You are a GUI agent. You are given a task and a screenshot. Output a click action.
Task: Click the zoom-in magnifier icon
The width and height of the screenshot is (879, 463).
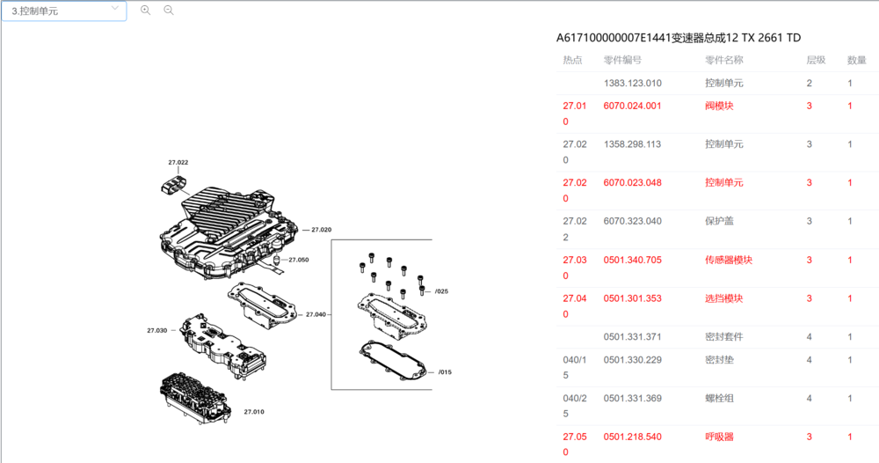(145, 10)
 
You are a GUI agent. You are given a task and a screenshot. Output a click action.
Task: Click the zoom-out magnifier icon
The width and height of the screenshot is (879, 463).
(168, 10)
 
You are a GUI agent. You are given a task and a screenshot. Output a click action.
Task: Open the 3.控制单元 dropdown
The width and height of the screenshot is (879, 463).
(64, 11)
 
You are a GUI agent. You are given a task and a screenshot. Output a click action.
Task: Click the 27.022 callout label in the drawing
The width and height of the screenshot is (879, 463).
(178, 162)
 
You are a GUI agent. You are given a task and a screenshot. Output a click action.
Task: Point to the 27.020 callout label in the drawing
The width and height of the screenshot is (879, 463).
(321, 230)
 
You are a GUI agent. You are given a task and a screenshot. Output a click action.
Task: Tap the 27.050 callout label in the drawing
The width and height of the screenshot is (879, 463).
(299, 260)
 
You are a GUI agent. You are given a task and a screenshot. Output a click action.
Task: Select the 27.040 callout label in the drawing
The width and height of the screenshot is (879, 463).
(316, 314)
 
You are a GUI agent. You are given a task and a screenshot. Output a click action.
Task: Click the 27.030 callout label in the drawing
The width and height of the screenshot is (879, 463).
(157, 331)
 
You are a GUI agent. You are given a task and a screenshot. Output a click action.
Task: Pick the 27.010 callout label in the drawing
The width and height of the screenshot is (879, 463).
(254, 412)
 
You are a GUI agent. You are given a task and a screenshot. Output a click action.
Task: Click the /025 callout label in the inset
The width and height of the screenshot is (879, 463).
(442, 291)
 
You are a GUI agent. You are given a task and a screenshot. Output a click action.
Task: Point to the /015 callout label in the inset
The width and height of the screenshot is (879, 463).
(445, 372)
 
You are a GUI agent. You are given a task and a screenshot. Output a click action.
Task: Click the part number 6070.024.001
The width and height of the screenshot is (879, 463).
(632, 106)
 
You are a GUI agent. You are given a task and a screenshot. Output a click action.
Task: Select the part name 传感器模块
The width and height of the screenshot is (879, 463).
(728, 260)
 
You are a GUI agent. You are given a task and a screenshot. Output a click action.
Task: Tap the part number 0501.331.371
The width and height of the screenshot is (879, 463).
(632, 337)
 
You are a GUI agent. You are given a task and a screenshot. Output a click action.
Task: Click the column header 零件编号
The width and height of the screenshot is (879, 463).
(622, 60)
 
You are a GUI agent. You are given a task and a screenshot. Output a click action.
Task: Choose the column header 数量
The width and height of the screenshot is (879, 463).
(856, 60)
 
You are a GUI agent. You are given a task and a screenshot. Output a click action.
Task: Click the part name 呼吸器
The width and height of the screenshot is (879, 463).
(719, 437)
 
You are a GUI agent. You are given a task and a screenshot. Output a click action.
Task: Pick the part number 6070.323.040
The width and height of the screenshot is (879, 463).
(632, 221)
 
